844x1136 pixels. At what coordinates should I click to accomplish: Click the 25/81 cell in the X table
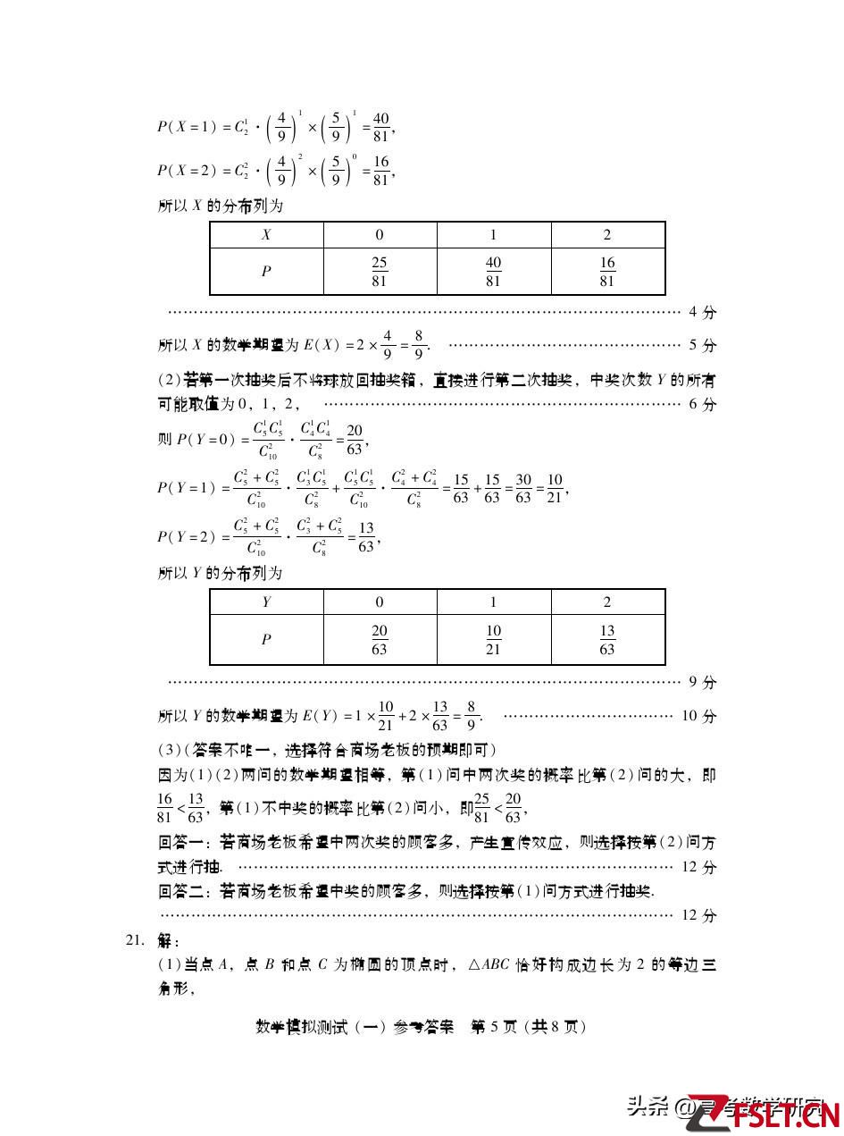coord(380,272)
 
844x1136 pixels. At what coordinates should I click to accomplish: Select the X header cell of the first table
coord(266,235)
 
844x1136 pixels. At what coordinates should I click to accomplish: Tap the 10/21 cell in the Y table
coord(493,640)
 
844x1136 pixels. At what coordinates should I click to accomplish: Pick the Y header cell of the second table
coord(266,602)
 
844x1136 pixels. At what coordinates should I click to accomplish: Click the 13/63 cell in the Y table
coord(607,640)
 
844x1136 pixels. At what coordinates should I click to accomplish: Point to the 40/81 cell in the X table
coord(493,272)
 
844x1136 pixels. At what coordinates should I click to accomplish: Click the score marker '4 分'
coord(702,313)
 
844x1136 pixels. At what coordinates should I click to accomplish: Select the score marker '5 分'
coord(702,345)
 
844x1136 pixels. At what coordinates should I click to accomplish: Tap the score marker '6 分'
coord(702,404)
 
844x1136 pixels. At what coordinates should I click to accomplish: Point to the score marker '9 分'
coord(702,683)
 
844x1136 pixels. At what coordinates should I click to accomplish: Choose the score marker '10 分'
coord(698,716)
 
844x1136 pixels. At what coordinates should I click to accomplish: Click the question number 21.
coord(135,940)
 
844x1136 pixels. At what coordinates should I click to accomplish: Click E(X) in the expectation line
coord(322,345)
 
